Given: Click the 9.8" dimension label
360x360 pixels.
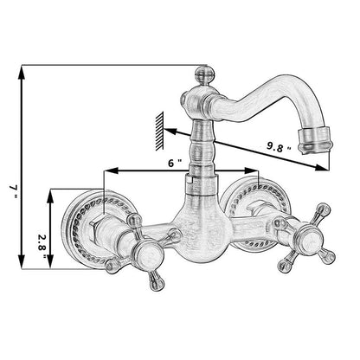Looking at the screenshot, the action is [279, 147].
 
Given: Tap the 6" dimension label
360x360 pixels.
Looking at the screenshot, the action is [175, 163].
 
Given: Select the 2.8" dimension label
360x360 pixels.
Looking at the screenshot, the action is [42, 246].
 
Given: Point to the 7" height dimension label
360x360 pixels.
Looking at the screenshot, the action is [13, 191].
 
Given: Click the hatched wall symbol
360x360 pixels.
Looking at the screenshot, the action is [159, 131].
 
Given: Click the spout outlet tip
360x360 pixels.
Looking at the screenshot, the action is [316, 141].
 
